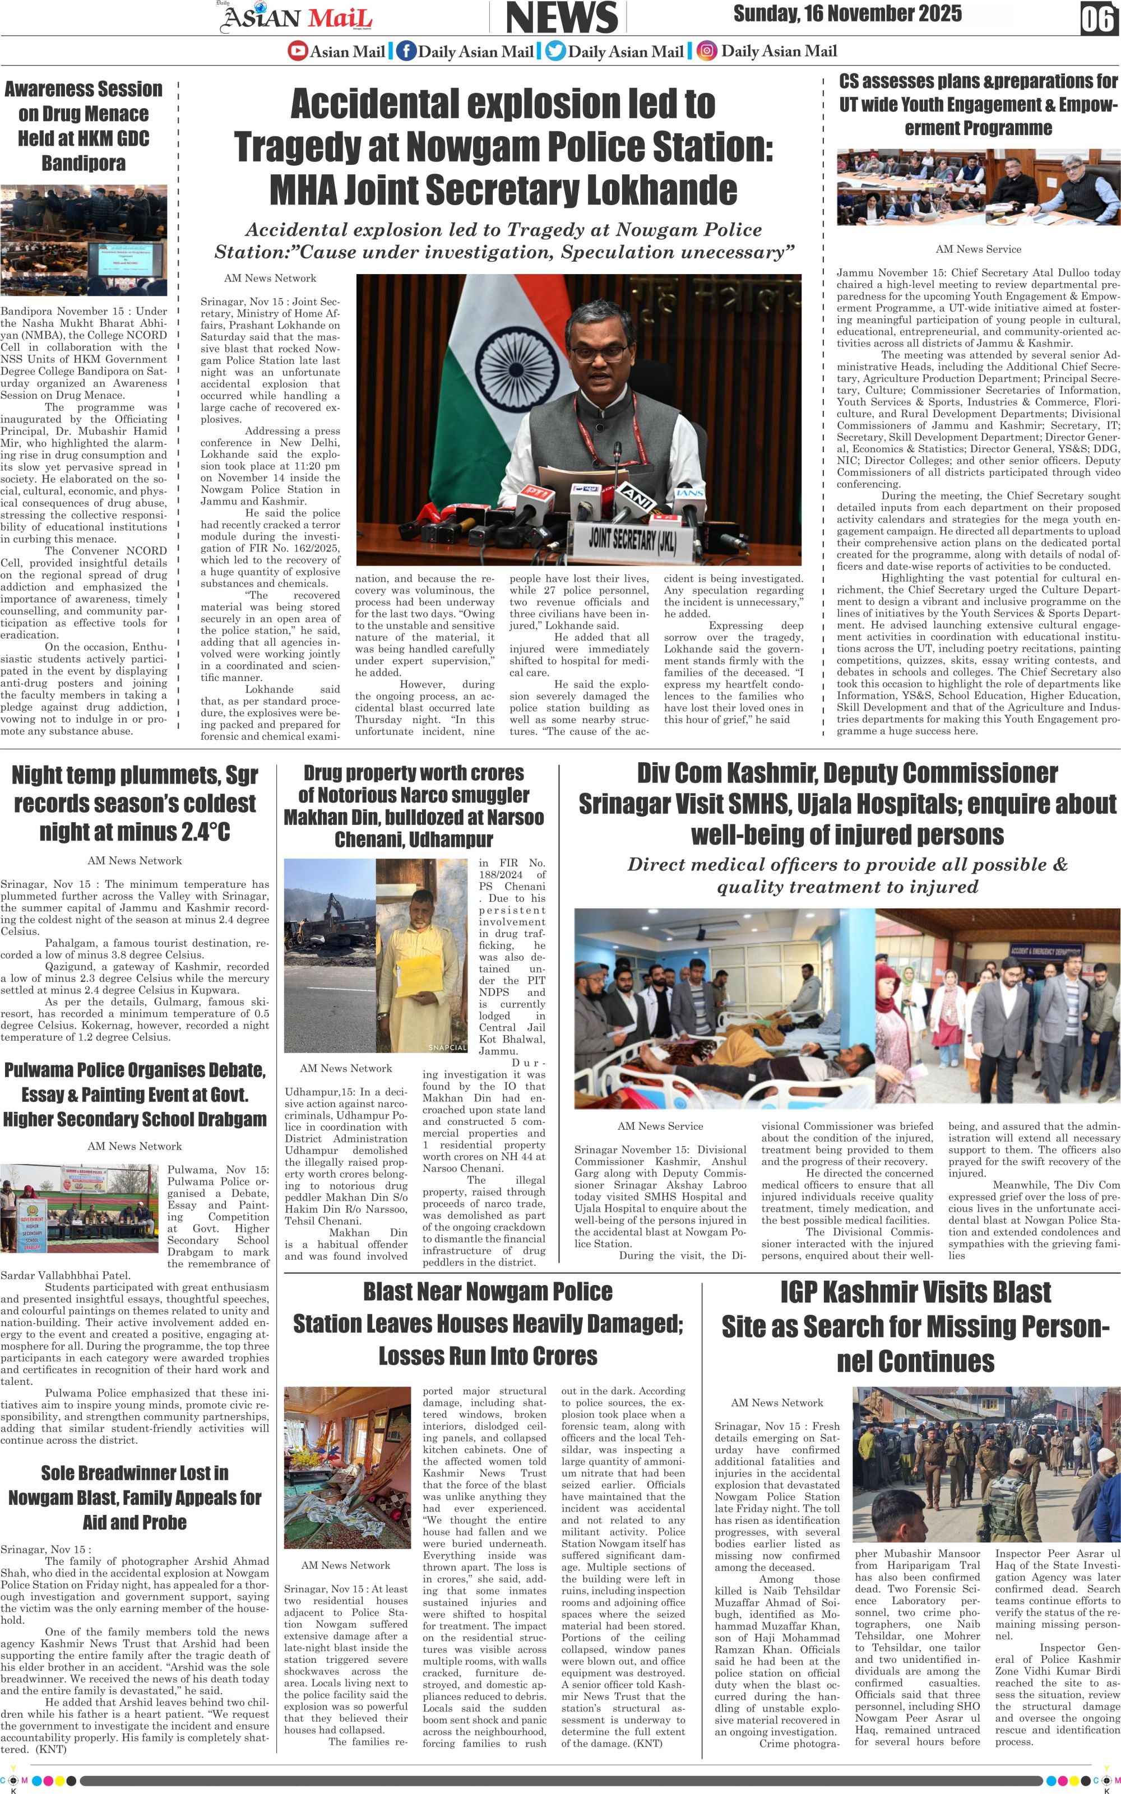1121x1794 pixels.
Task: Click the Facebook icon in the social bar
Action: click(406, 51)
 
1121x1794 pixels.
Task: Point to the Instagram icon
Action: click(708, 51)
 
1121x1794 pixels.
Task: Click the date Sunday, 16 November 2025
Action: click(847, 13)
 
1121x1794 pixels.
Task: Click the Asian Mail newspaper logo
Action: click(296, 18)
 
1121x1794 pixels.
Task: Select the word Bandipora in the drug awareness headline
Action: click(83, 163)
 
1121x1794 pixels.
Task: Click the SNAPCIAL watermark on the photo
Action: click(447, 1047)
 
